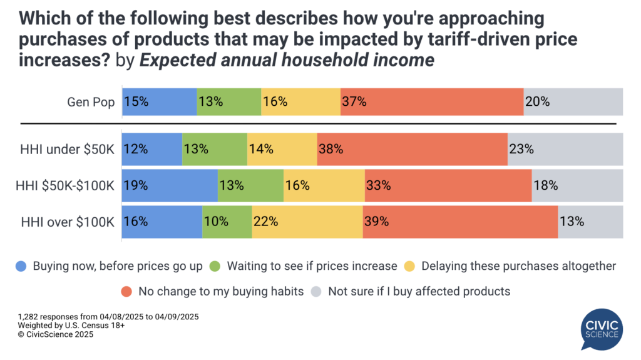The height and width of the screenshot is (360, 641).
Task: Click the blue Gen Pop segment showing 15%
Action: tap(159, 101)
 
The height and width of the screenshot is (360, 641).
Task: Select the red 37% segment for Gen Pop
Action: tap(432, 101)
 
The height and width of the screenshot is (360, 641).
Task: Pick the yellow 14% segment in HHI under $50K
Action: tap(282, 149)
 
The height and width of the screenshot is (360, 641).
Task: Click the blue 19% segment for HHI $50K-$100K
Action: tap(170, 185)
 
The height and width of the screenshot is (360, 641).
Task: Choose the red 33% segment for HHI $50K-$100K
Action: tap(448, 185)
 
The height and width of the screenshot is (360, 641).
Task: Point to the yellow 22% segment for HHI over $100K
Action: tap(307, 221)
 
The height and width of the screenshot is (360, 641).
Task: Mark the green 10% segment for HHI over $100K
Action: tap(227, 221)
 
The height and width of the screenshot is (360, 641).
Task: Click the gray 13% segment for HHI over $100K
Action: tap(590, 221)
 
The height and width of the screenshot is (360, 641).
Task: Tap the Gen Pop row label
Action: tap(92, 101)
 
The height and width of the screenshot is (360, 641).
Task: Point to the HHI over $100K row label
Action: tap(68, 221)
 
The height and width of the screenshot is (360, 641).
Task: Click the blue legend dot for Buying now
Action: tap(22, 266)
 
